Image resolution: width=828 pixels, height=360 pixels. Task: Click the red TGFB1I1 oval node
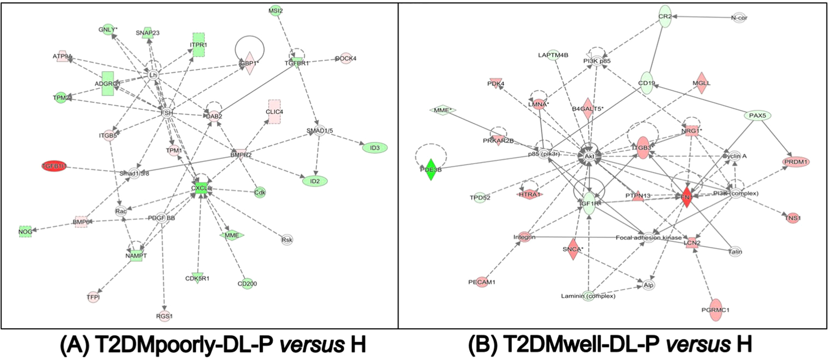(54, 166)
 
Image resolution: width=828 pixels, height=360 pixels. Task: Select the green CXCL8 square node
(202, 189)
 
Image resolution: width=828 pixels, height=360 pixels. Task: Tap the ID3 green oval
(374, 148)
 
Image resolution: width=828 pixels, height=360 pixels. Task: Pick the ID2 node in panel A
(315, 181)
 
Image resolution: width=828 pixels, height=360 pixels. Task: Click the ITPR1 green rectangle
(199, 44)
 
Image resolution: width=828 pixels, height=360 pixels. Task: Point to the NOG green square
(25, 232)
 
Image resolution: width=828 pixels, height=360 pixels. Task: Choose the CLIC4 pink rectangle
(274, 111)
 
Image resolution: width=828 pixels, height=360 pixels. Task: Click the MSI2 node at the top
(275, 11)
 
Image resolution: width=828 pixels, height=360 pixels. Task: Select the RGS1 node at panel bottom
(164, 316)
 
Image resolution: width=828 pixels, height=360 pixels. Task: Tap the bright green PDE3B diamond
(430, 170)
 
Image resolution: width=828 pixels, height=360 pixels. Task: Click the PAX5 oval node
(757, 116)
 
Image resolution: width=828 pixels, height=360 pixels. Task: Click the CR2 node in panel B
(665, 16)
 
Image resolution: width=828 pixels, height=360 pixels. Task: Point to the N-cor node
(739, 18)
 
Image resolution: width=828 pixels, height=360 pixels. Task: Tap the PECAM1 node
(482, 282)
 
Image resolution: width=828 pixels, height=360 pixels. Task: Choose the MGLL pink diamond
(701, 84)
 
